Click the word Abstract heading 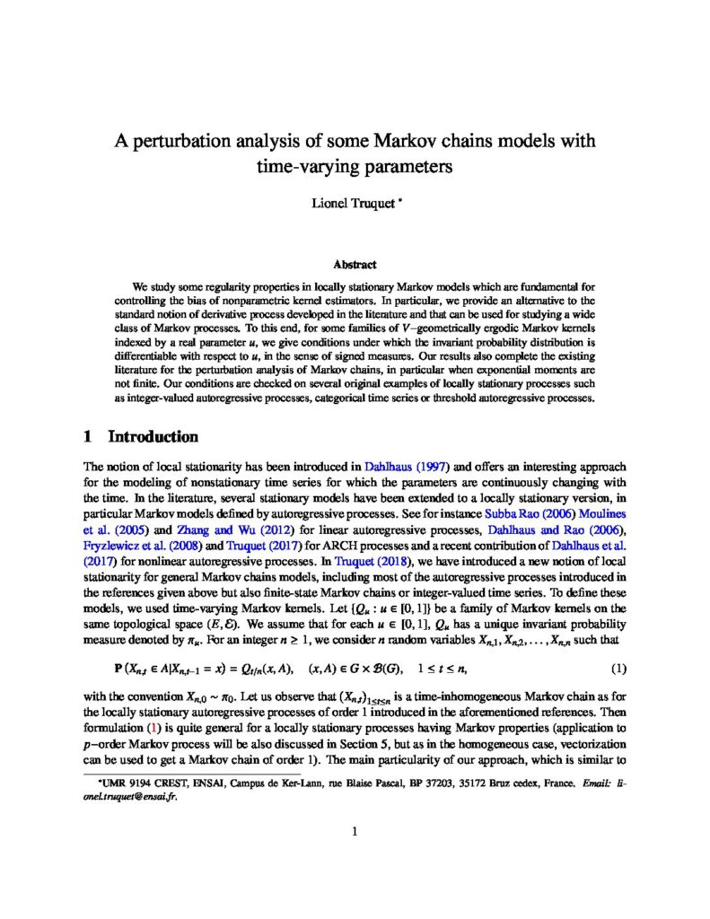pyautogui.click(x=355, y=266)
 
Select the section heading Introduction pyautogui.click(x=153, y=438)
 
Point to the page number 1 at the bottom pyautogui.click(x=355, y=832)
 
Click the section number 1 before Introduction pyautogui.click(x=87, y=438)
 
